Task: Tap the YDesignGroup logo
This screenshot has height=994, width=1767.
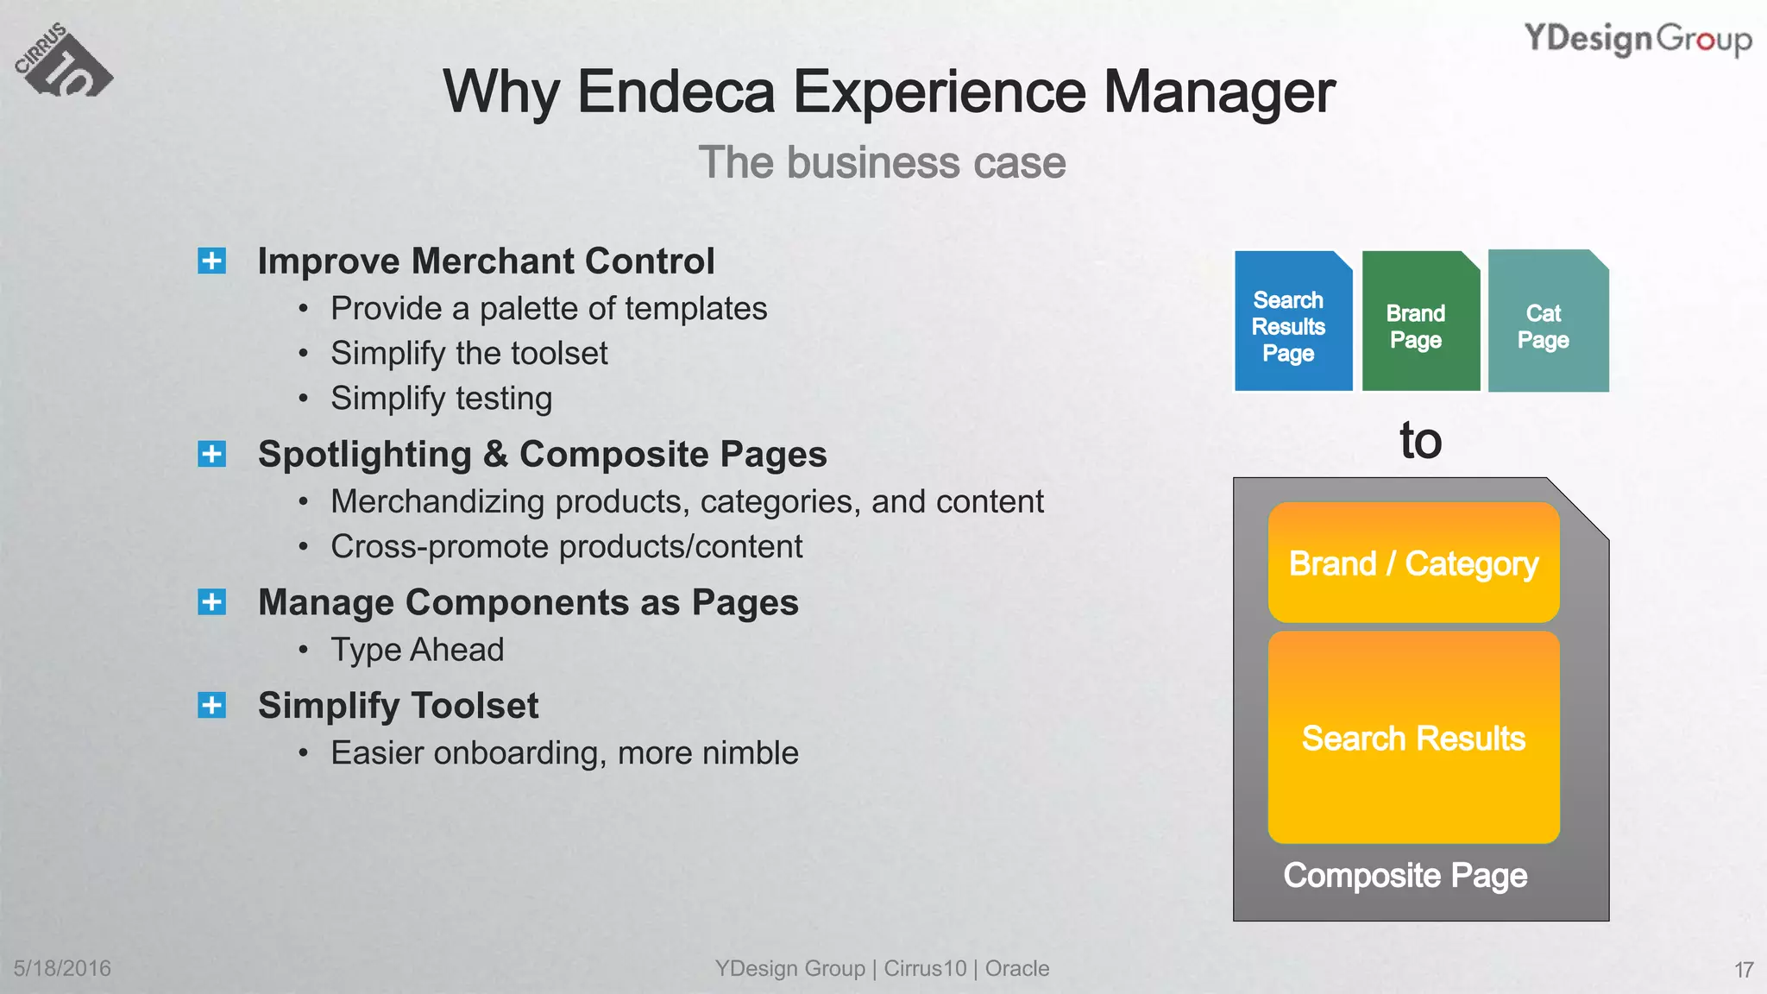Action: [x=1637, y=40]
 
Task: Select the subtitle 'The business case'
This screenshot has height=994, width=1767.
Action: [x=882, y=162]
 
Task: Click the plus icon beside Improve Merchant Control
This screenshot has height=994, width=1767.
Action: [x=211, y=261]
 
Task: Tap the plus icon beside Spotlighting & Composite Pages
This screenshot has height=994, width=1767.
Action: [x=211, y=454]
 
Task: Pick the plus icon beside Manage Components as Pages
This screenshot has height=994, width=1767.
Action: [x=211, y=602]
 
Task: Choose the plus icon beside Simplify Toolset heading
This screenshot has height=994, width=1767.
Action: [x=211, y=705]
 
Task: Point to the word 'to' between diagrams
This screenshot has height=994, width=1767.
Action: [x=1420, y=441]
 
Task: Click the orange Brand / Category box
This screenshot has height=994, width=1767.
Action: [x=1413, y=563]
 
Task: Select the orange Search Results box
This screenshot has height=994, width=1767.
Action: [x=1413, y=738]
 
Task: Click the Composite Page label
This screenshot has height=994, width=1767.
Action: [x=1405, y=876]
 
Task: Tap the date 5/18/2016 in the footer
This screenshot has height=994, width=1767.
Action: [x=62, y=968]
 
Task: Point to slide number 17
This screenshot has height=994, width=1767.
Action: [x=1743, y=970]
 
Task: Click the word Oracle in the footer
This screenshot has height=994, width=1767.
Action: [x=1017, y=968]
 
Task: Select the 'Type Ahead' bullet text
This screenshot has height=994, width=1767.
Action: [x=418, y=650]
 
